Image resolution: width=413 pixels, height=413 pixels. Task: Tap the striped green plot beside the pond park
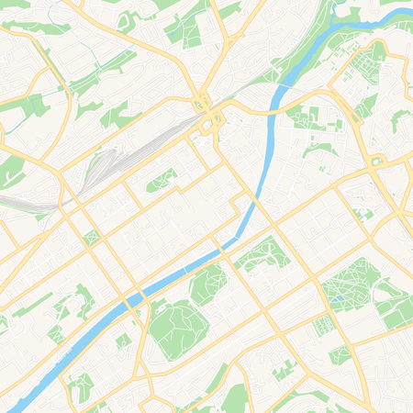(x=322, y=325)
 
